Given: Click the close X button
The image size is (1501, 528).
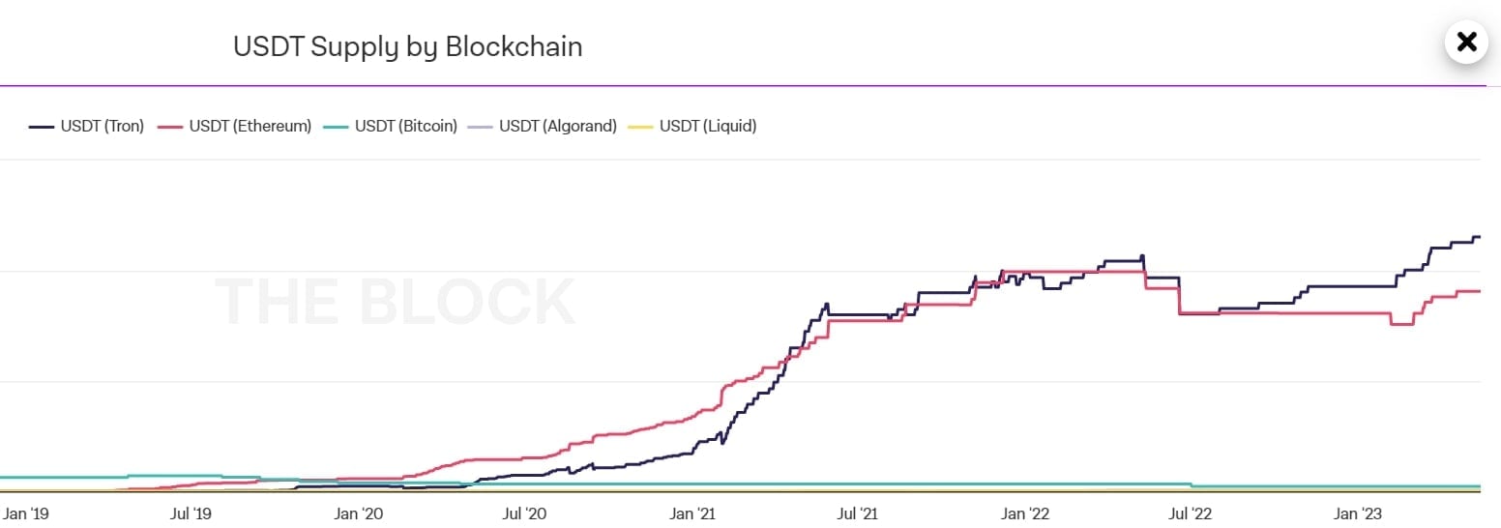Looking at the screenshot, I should (1466, 42).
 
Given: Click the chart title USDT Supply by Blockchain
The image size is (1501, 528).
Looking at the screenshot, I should (407, 46).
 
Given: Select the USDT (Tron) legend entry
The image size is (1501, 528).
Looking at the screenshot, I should (87, 126).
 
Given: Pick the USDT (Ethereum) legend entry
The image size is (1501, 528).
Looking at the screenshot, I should (235, 126).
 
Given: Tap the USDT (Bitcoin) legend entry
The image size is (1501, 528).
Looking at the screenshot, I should (391, 126).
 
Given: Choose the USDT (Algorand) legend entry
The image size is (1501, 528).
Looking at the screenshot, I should (543, 126).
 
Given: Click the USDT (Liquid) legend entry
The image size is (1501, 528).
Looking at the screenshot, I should (692, 126).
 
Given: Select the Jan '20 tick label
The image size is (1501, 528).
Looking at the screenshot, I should (360, 513).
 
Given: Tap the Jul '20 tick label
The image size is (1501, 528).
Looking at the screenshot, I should (526, 513).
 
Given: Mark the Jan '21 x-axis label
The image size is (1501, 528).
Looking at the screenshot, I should (693, 513).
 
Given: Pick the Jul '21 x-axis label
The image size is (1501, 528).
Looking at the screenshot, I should (860, 513).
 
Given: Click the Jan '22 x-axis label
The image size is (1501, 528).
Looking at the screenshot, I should (1026, 513).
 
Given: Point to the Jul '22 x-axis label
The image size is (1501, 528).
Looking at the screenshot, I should (1192, 513).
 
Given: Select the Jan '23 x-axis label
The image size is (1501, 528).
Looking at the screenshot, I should (1359, 513).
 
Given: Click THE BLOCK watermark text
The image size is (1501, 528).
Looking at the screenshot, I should (395, 301).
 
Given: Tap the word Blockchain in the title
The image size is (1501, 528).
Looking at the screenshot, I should (514, 46).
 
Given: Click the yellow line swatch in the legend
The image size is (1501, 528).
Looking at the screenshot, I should (640, 126).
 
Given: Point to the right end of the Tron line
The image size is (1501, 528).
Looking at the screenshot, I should (1479, 237).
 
